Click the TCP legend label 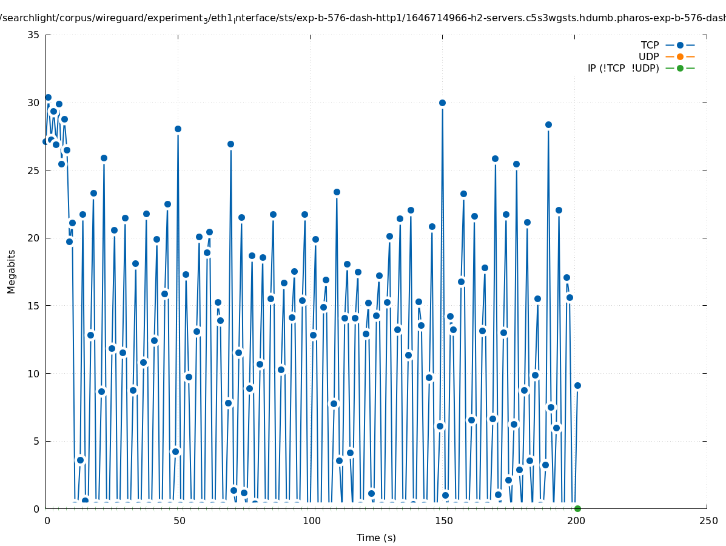(650, 45)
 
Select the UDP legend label (648, 56)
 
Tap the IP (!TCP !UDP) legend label (623, 68)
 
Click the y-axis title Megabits (12, 271)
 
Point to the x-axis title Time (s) (376, 538)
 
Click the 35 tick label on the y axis (33, 35)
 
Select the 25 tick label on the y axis (33, 170)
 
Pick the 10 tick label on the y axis (33, 373)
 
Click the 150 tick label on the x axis (443, 521)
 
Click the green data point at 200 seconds (577, 508)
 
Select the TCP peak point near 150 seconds (442, 103)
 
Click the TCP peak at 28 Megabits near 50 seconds (178, 129)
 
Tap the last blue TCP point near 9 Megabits (577, 385)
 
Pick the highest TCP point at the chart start (48, 97)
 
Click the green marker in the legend (680, 68)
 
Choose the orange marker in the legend (680, 56)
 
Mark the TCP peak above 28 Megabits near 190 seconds (548, 124)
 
